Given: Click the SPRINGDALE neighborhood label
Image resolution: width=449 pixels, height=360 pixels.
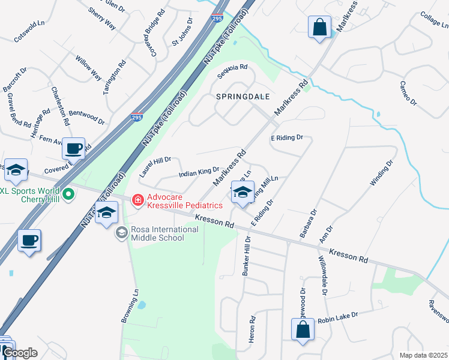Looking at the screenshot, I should point(243,96).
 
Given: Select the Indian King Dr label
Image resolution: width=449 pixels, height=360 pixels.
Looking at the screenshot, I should point(199,173).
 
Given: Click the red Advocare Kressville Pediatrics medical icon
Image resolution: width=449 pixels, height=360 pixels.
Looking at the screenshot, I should point(137,199).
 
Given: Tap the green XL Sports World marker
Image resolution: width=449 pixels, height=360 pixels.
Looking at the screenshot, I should point(69,194).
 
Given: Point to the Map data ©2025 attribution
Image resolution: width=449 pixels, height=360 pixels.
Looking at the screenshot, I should point(424,355).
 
